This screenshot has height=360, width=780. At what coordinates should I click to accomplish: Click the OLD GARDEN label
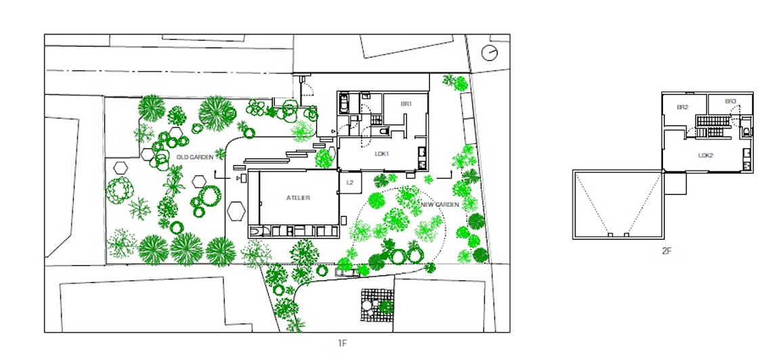point(195,157)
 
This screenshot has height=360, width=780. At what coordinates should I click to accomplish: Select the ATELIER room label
point(298,198)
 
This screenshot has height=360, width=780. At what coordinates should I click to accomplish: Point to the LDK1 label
point(382,154)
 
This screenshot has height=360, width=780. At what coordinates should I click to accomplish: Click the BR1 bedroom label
point(406,104)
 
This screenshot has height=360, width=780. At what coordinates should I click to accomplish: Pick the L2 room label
point(349,183)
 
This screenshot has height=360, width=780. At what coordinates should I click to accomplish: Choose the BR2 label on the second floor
point(682,108)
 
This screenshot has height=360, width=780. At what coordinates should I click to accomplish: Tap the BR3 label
point(731,102)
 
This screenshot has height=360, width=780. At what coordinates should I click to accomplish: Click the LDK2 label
point(706,155)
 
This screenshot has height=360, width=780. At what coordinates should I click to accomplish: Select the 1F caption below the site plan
point(342,342)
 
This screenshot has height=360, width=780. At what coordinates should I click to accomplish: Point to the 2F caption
point(667,251)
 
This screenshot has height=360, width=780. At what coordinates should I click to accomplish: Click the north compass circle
point(490,53)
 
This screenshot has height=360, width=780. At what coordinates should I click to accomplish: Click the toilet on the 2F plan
point(746,131)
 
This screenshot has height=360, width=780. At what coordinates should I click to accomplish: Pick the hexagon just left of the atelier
point(236,211)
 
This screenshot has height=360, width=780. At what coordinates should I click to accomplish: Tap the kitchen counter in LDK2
point(747,159)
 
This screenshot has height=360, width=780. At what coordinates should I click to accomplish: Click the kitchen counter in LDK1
point(422,158)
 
